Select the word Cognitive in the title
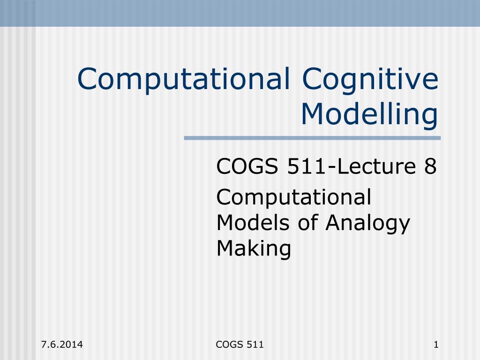[370, 79]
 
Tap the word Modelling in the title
[370, 115]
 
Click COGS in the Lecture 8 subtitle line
[247, 166]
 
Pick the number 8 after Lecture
[430, 166]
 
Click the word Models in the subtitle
[253, 223]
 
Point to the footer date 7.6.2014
[62, 345]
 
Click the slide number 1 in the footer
[436, 345]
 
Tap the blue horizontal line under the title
[312, 138]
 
